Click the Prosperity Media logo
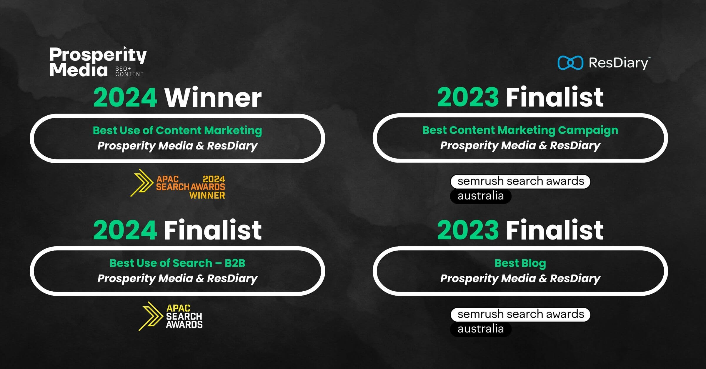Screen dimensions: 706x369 pos(98,62)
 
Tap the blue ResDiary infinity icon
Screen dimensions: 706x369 pos(570,63)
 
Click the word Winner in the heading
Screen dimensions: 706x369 pos(213,98)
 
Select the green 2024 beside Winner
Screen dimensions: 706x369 pos(125,98)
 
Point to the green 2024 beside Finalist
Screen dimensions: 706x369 pos(125,230)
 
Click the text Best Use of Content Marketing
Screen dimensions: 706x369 pos(177,130)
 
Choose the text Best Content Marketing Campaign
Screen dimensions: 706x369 pos(520,130)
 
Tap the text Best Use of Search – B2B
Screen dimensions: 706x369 pos(177,263)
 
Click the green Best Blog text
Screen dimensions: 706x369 pos(520,263)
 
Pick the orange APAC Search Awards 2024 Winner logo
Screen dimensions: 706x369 pos(178,184)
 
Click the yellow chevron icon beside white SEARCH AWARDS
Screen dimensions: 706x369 pos(151,316)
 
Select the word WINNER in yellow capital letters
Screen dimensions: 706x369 pos(207,195)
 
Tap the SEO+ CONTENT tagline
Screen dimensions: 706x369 pos(129,72)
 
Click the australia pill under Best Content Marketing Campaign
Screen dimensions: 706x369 pos(481,196)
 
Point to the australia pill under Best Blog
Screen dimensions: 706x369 pos(481,329)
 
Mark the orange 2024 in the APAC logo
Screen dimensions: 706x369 pos(214,179)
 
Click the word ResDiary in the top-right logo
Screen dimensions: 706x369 pos(618,63)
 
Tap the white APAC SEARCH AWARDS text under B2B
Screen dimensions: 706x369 pos(184,316)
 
